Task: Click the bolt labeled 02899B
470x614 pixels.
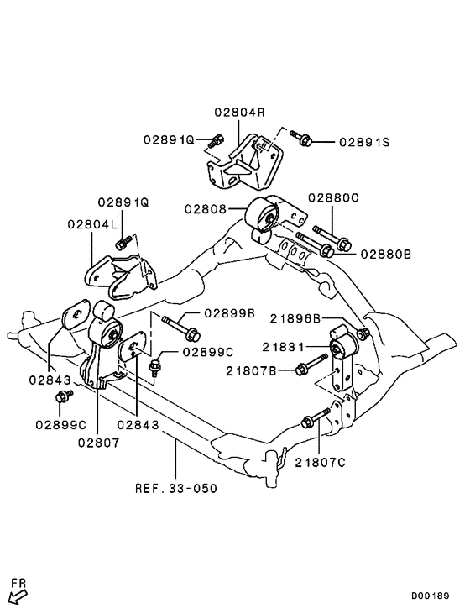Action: [177, 322]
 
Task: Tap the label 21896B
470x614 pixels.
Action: [295, 318]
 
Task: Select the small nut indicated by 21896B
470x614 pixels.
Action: [363, 335]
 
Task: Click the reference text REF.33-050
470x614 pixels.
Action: [174, 487]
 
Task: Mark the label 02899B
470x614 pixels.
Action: [229, 313]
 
